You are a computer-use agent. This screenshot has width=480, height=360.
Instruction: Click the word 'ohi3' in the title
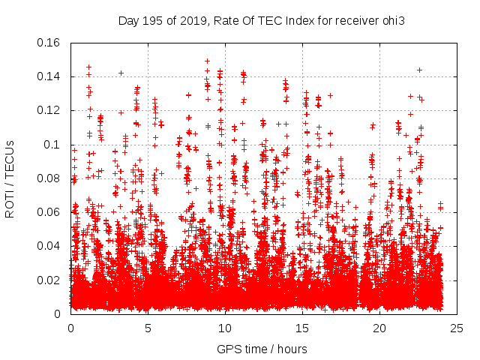(392, 20)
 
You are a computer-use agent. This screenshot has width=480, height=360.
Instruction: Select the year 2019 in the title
(192, 20)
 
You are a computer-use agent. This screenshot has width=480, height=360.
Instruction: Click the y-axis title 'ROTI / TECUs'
(10, 178)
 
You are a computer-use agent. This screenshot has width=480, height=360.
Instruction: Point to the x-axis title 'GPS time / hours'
(262, 349)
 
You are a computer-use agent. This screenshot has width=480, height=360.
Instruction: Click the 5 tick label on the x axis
(148, 328)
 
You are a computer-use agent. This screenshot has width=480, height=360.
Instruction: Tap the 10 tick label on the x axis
(225, 328)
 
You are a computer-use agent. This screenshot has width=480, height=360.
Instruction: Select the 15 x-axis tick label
(302, 328)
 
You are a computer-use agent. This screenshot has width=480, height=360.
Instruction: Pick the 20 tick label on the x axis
(379, 328)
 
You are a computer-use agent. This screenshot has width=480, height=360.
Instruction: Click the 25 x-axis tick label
(457, 328)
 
